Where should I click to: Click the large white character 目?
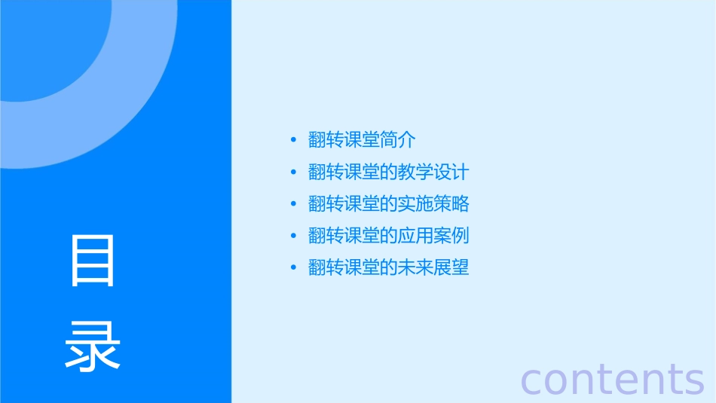[x=93, y=261]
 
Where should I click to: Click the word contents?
[x=612, y=379]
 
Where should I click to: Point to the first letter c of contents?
[x=533, y=380]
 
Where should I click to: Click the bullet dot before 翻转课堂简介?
[x=294, y=140]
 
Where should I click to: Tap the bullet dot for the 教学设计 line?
[x=294, y=172]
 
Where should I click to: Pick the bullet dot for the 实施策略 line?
[x=294, y=204]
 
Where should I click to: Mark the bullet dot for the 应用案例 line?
[x=294, y=236]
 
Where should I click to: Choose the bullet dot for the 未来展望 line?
[x=294, y=267]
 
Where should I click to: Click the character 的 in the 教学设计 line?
[x=389, y=172]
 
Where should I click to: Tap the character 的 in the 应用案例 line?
[x=389, y=236]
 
